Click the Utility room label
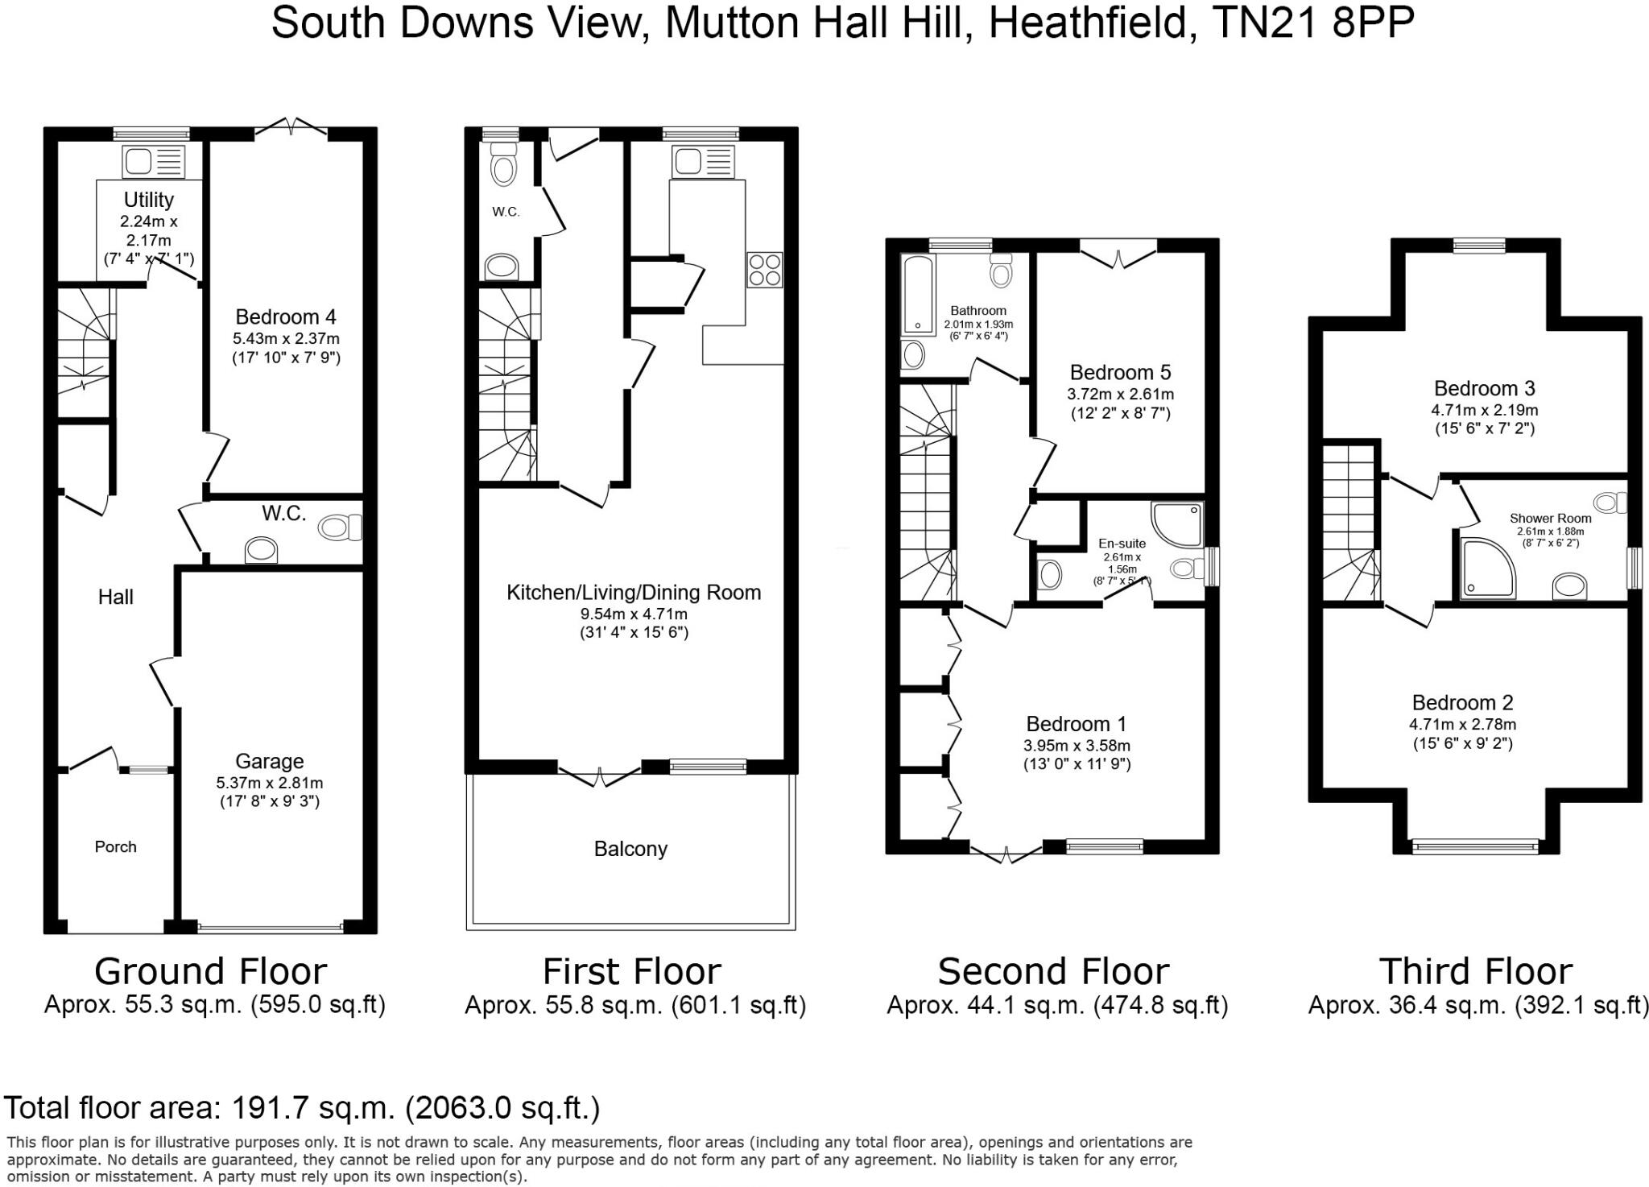point(148,199)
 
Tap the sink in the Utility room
point(153,161)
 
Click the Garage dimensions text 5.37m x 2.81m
point(269,782)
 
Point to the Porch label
point(115,846)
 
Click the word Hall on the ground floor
point(115,597)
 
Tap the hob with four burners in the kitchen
point(765,269)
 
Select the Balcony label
point(630,849)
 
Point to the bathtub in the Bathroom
point(917,295)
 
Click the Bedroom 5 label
point(1119,372)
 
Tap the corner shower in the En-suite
point(1176,523)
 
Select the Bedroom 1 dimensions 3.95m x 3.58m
point(1077,745)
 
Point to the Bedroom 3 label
point(1484,388)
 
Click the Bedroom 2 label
point(1462,702)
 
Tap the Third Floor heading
point(1475,971)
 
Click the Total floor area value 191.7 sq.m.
point(314,1108)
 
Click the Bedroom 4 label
point(285,316)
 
